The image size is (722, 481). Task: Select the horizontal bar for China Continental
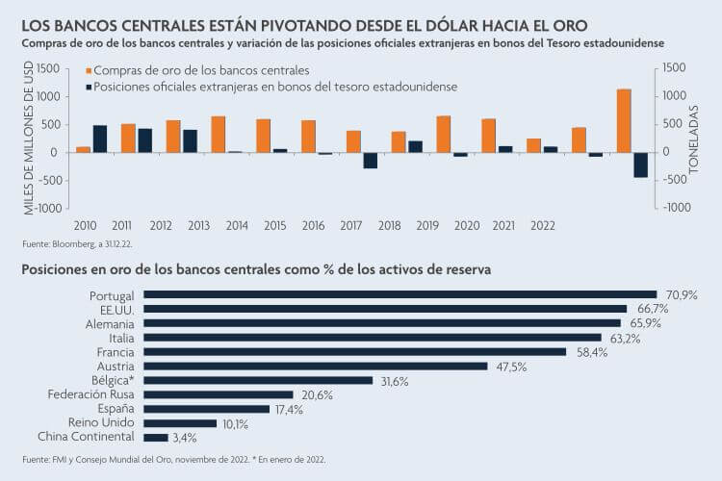(x=155, y=438)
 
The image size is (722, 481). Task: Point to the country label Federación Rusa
(x=91, y=394)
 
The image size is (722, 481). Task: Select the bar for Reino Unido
(x=179, y=423)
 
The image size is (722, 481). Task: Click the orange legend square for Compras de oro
(x=90, y=71)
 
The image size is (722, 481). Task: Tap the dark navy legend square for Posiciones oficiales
(x=90, y=87)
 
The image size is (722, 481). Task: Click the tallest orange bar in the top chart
(x=624, y=120)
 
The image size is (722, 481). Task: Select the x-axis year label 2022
(x=542, y=225)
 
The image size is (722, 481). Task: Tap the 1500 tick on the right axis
(x=675, y=67)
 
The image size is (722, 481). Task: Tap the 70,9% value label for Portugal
(x=678, y=295)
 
